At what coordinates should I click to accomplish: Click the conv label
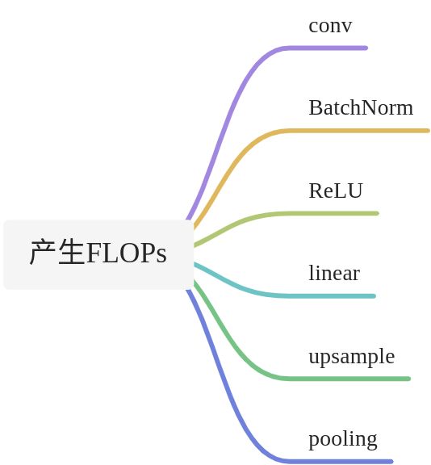[330, 26]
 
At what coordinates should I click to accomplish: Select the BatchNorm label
[361, 107]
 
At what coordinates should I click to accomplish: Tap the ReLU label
[336, 191]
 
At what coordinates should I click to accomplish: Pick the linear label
[334, 273]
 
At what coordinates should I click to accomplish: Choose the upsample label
[351, 356]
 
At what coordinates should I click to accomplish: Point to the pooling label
[343, 438]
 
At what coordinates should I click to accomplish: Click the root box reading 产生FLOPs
[98, 254]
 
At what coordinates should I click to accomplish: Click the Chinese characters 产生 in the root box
[57, 253]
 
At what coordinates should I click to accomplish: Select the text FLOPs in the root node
[127, 253]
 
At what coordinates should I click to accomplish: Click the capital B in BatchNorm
[316, 107]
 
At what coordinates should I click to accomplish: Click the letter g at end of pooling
[371, 440]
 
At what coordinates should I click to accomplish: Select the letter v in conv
[347, 27]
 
